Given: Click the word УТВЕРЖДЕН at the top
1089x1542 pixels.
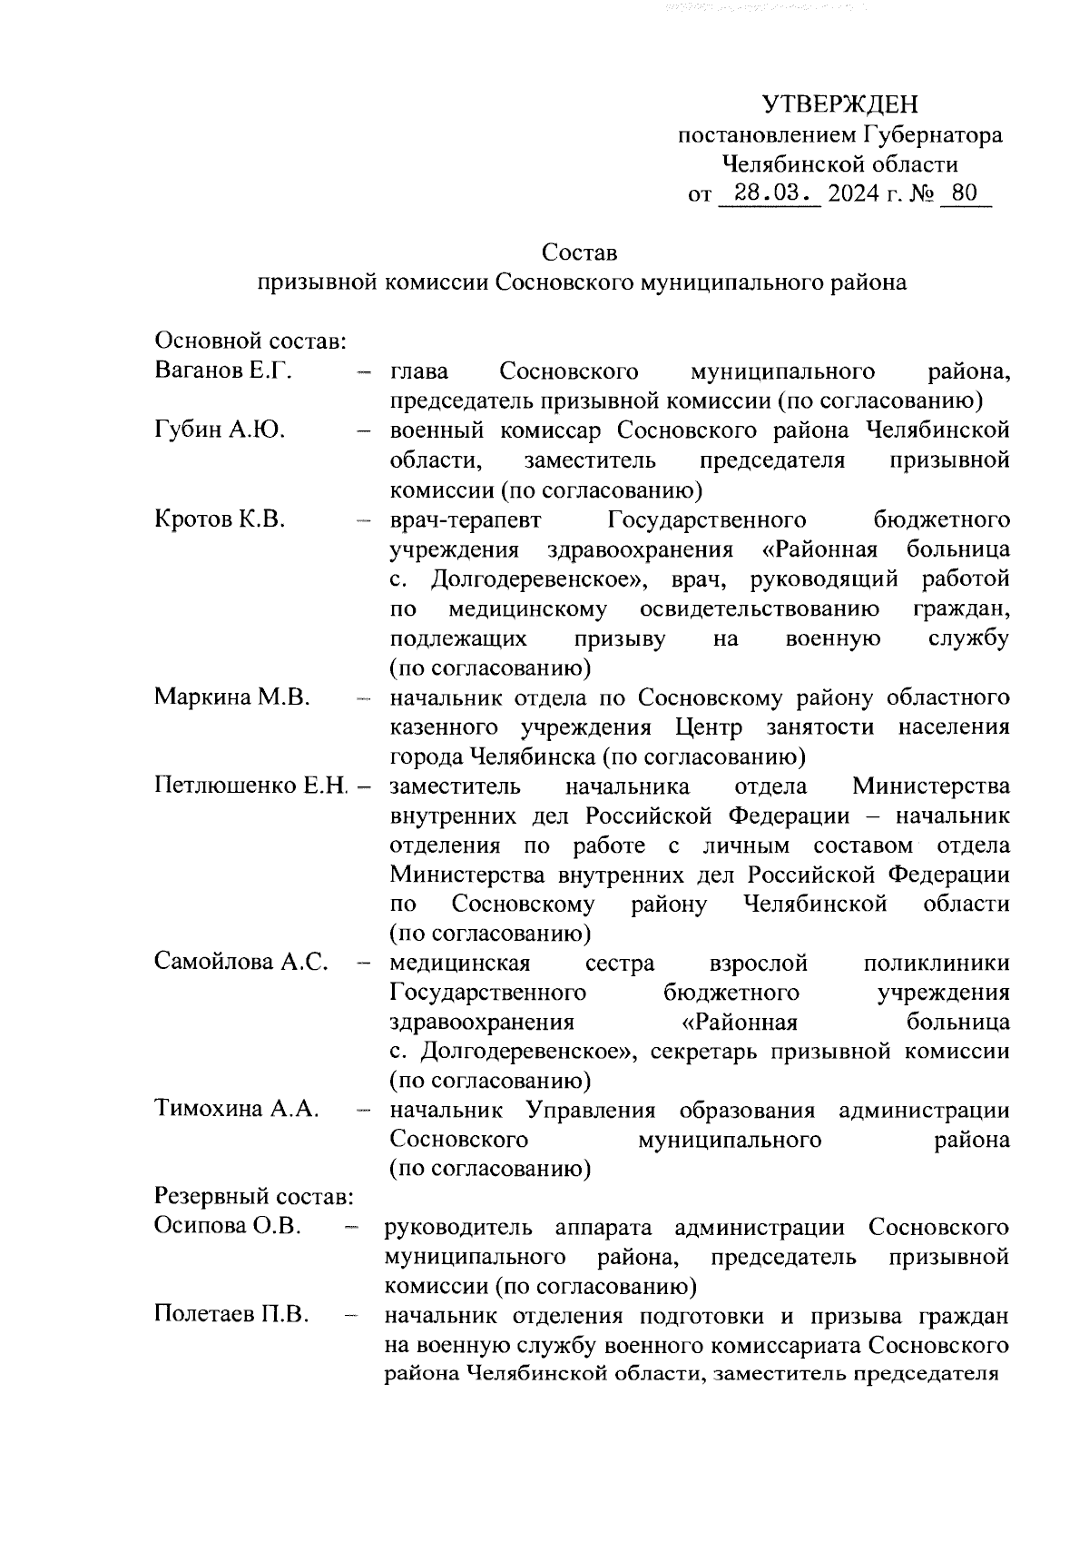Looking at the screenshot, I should pyautogui.click(x=839, y=104).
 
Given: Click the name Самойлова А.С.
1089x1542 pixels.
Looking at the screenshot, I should pyautogui.click(x=241, y=963).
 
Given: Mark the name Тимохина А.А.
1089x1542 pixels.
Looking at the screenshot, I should pyautogui.click(x=237, y=1110).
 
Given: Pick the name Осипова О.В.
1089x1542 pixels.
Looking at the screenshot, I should pyautogui.click(x=228, y=1227).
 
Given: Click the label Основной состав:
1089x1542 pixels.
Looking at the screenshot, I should pyautogui.click(x=247, y=341).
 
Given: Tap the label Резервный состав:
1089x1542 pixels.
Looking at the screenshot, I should pyautogui.click(x=253, y=1197).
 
